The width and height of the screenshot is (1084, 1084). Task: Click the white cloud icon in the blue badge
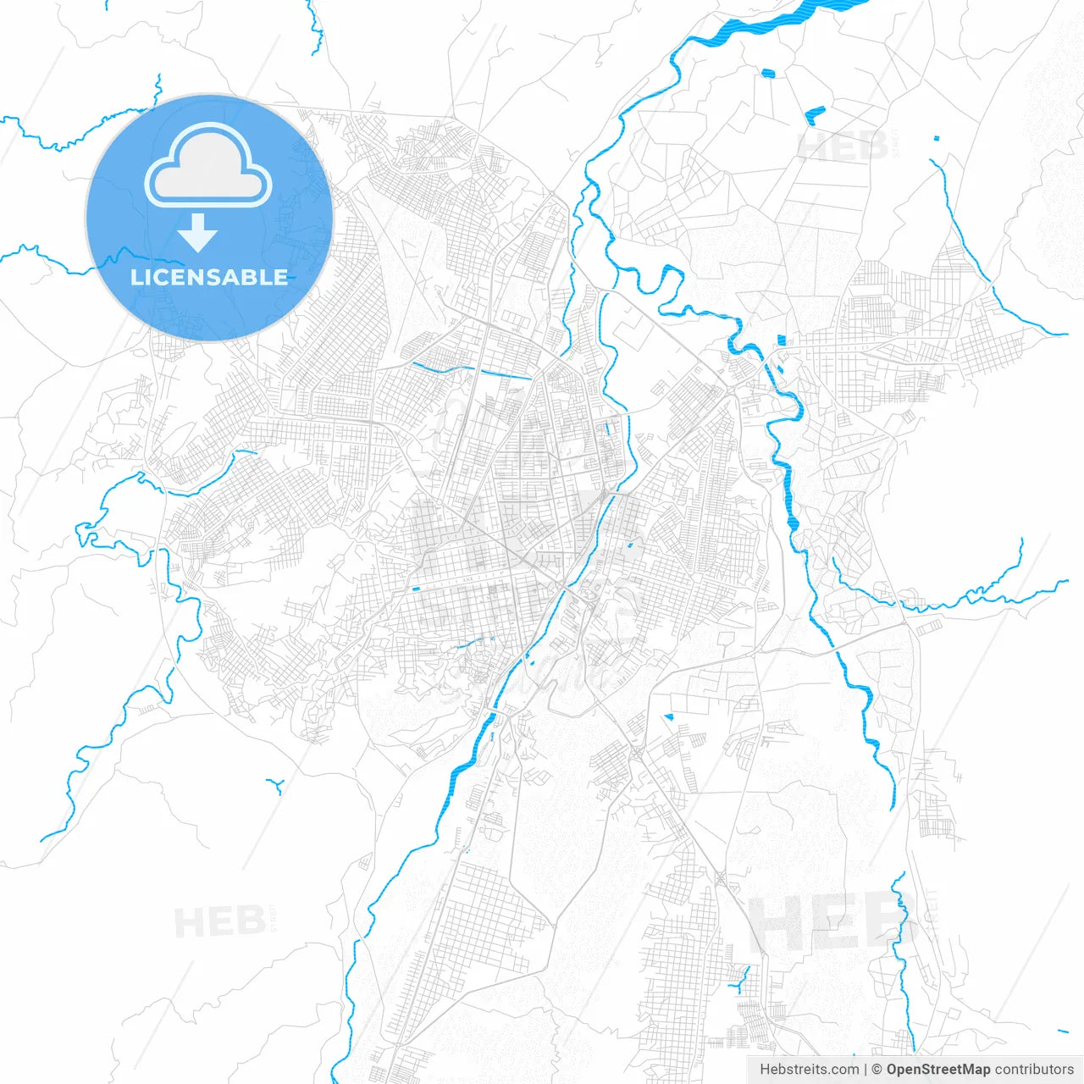coord(208,167)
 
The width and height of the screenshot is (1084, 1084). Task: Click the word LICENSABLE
coord(209,278)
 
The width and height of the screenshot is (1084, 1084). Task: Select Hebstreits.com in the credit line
coord(810,1070)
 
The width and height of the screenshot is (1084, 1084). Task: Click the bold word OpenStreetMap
coord(937,1070)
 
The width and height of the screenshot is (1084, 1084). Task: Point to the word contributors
coord(1034,1070)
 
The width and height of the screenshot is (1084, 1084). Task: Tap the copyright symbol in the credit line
coord(877,1070)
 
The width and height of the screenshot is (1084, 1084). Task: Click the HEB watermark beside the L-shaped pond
coord(843,147)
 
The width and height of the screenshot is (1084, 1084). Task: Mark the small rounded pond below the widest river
coord(768,74)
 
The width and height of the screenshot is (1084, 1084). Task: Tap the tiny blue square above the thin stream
coord(936,138)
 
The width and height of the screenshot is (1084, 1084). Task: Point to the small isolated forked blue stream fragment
coord(275,785)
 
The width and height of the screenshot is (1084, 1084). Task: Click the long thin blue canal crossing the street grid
coord(471,370)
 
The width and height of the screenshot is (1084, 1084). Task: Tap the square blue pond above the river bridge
coord(781,340)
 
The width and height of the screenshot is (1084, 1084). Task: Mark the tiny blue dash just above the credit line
coord(1063,1031)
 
